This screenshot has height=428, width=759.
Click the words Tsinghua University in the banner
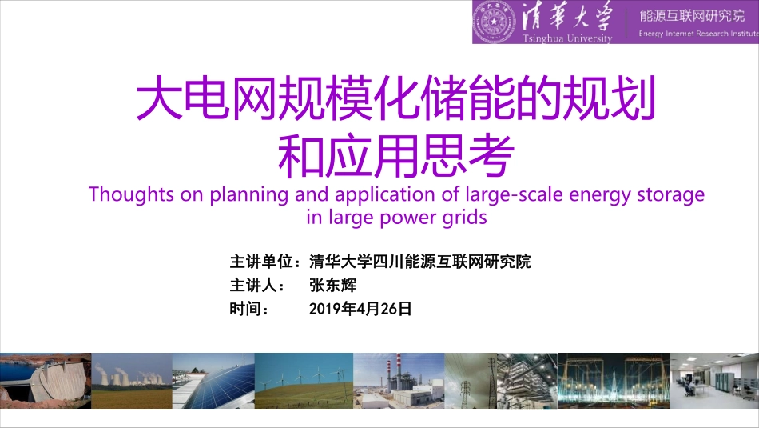[x=567, y=38]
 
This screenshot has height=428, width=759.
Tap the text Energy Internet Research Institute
[x=697, y=34]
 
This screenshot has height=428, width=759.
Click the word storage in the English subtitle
[x=672, y=194]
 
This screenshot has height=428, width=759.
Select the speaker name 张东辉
[x=332, y=286]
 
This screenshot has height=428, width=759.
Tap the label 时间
[x=244, y=309]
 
